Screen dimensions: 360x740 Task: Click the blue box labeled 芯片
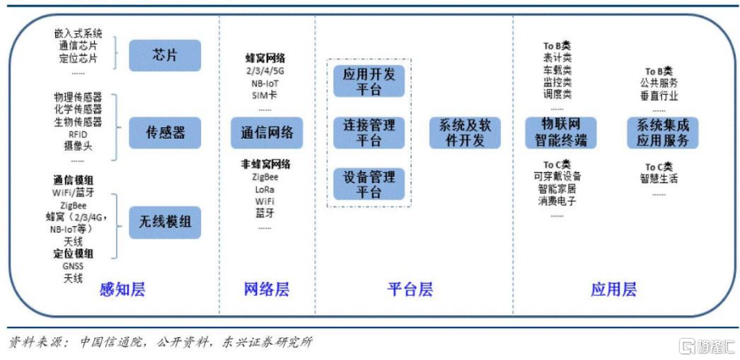(165, 54)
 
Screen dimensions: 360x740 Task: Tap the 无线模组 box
(165, 220)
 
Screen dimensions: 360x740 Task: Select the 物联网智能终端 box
(560, 133)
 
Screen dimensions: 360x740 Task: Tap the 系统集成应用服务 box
(662, 133)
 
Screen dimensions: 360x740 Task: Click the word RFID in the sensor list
(77, 134)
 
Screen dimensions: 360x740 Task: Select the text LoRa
(264, 188)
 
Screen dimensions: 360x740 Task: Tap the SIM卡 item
(264, 96)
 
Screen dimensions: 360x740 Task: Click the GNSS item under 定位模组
(73, 266)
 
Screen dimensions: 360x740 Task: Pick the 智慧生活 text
(659, 178)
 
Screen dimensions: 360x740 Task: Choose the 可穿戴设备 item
(557, 176)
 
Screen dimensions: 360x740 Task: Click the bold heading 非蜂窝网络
(264, 163)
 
